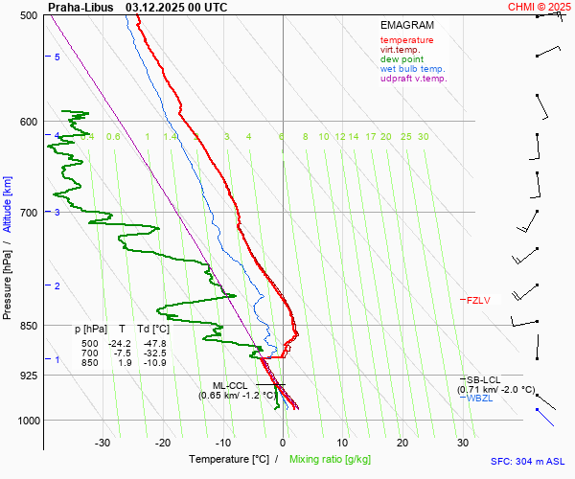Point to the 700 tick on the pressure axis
30,213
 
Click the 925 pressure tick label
30,376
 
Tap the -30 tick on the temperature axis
103,443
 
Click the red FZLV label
478,301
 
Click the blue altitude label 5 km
57,57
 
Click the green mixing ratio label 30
423,137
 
